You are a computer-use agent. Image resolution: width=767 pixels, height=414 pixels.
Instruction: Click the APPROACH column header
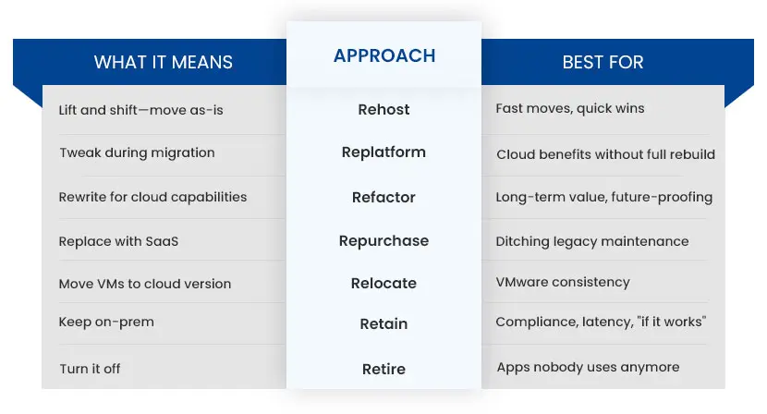click(384, 55)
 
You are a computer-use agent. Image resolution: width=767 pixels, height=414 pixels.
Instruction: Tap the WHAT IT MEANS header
click(164, 62)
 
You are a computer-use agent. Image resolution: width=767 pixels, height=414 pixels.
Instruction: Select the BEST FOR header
click(603, 62)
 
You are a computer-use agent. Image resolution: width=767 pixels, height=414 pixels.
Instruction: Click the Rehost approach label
click(384, 109)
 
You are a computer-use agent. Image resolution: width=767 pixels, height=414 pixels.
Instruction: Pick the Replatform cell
click(384, 152)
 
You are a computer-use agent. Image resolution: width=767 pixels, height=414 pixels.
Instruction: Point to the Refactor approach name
click(384, 197)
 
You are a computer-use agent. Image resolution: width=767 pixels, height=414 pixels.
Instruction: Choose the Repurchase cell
click(384, 241)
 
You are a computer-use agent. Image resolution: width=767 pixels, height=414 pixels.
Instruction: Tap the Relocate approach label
click(384, 284)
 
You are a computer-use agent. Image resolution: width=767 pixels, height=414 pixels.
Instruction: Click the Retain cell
click(384, 324)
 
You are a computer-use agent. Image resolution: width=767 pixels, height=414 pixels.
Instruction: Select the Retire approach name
click(384, 369)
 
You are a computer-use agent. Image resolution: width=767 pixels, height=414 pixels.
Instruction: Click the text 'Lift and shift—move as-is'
click(140, 110)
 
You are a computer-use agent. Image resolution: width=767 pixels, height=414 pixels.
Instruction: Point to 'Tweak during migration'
click(138, 152)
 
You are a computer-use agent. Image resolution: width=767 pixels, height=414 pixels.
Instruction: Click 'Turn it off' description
click(90, 369)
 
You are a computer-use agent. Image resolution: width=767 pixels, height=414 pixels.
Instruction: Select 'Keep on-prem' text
click(106, 322)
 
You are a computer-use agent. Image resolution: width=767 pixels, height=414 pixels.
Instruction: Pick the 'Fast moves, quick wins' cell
click(570, 109)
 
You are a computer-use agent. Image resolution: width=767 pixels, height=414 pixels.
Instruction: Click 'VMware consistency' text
click(563, 282)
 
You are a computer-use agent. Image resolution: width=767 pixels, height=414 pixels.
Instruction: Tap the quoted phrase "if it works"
click(672, 322)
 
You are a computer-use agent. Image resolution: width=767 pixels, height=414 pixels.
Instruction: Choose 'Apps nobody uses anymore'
click(589, 367)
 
